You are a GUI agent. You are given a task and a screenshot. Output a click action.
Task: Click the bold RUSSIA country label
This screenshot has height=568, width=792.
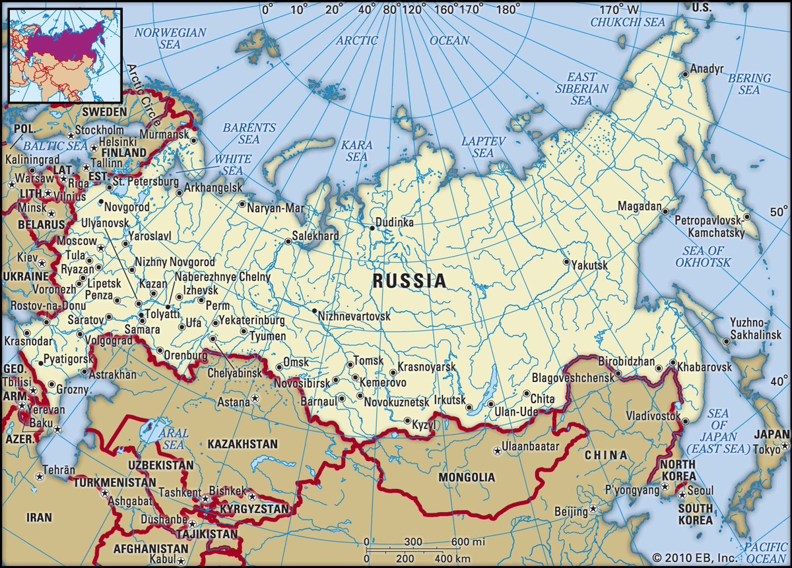coord(409,281)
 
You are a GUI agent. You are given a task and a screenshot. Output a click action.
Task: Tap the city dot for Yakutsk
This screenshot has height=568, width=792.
coord(566,262)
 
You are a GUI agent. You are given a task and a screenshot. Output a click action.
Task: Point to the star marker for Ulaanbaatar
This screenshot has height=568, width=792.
coord(496,451)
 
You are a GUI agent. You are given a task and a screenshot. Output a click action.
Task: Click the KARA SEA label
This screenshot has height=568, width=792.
coord(356,150)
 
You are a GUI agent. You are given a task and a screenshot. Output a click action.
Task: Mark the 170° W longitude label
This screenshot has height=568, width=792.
coord(619,10)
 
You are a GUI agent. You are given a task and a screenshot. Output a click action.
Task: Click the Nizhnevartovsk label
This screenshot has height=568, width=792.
coord(354,317)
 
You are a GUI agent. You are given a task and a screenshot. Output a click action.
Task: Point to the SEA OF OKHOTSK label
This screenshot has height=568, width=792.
coord(703,256)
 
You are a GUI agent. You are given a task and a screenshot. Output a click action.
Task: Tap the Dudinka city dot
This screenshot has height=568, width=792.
coord(372,228)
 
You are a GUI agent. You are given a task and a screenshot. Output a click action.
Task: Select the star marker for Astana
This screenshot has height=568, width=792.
coord(256,400)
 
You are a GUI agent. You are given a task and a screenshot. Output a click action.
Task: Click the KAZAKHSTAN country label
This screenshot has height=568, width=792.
coord(242,444)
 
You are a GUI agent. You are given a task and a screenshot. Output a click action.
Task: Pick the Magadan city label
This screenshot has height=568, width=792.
coord(639,206)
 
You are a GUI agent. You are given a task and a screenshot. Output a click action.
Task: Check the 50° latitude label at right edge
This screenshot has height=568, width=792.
coord(778,212)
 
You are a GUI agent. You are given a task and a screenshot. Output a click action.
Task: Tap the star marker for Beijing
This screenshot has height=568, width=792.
coord(593,509)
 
